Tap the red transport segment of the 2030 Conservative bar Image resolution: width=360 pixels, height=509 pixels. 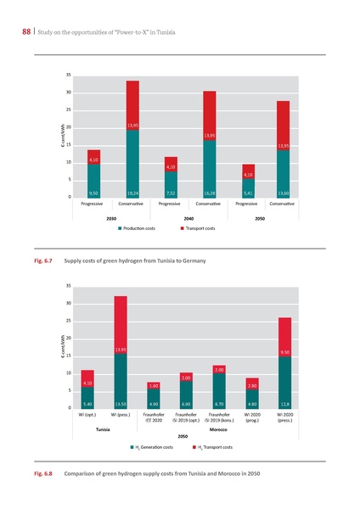132,105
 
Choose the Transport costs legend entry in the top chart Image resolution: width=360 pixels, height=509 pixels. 205,229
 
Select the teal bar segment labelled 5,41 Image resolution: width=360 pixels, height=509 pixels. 247,189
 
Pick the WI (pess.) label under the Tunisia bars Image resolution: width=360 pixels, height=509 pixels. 121,415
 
